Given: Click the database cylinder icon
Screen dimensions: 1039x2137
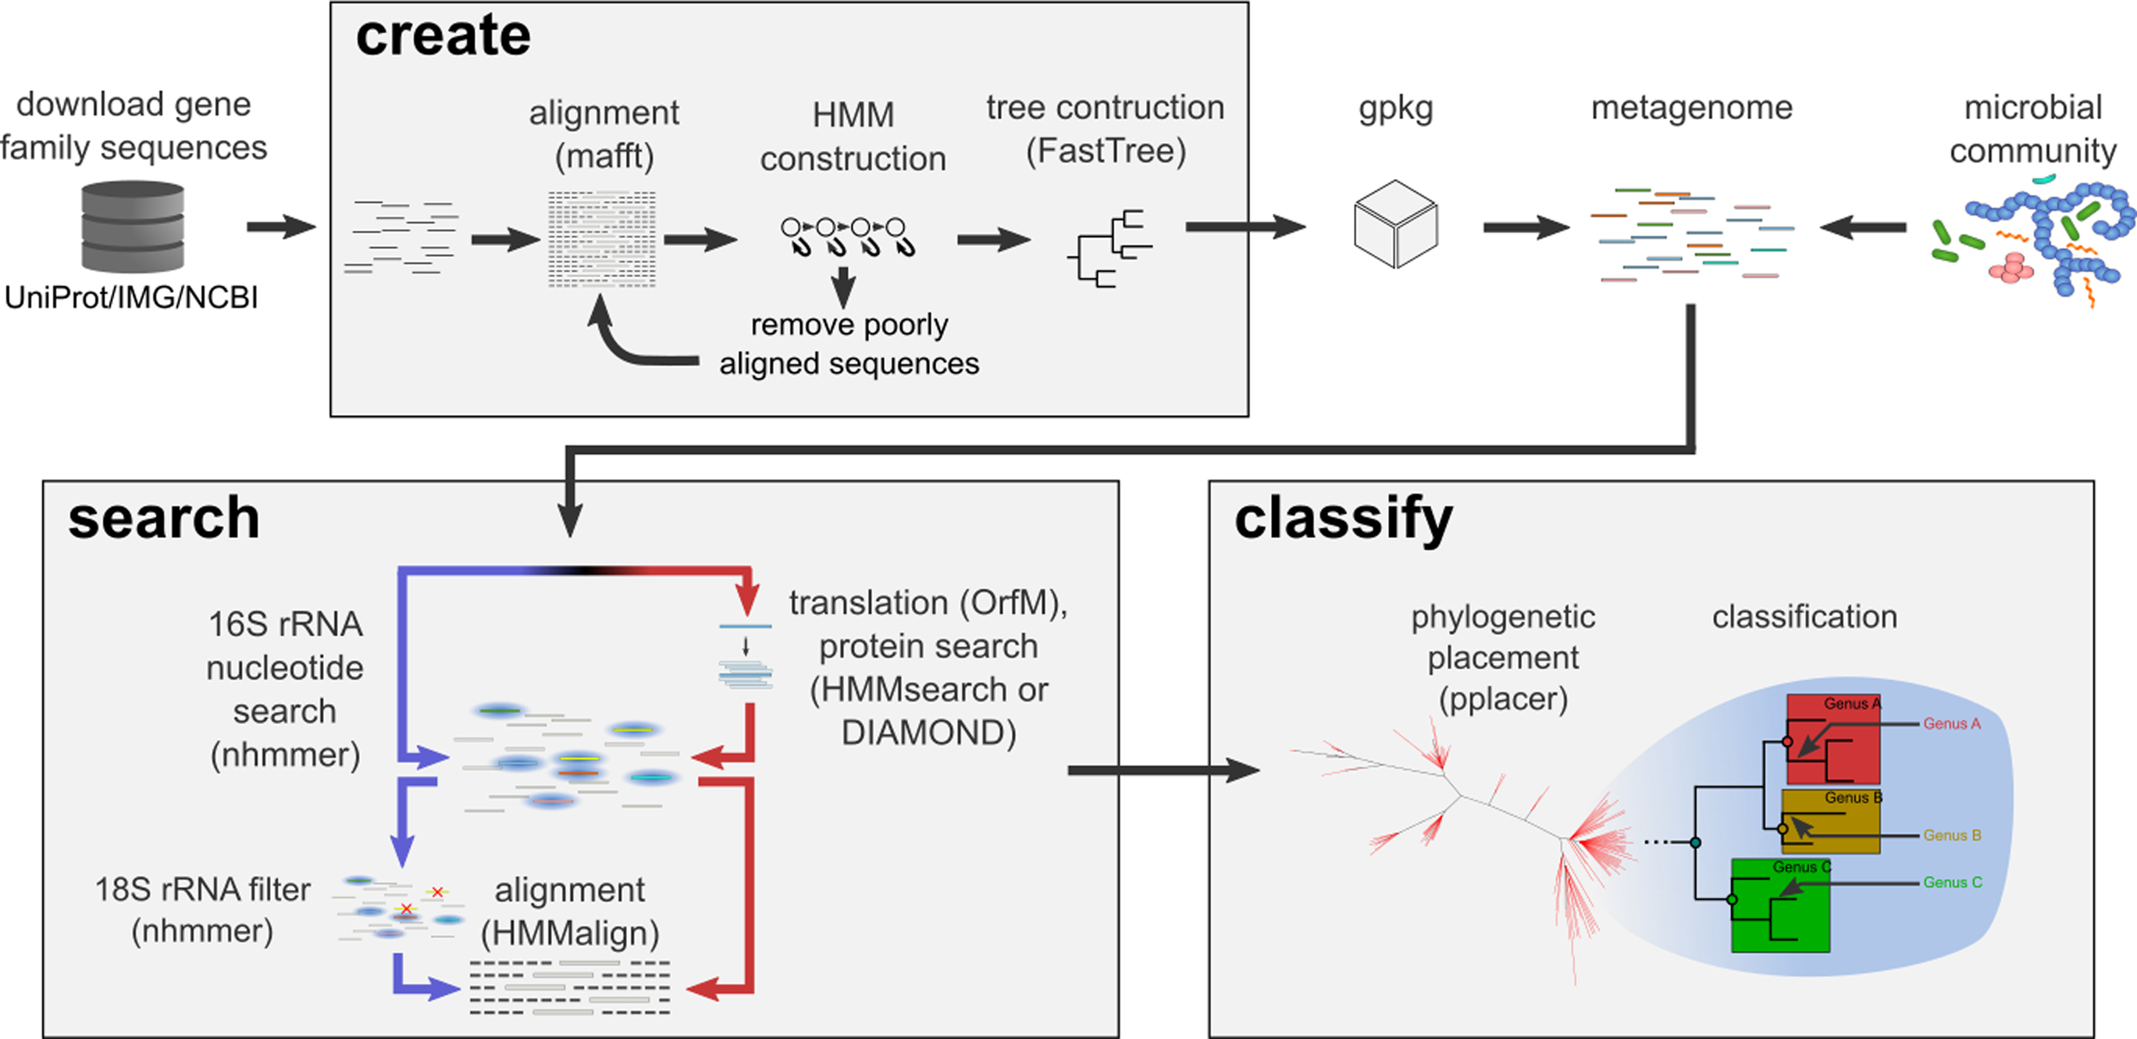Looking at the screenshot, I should (x=133, y=227).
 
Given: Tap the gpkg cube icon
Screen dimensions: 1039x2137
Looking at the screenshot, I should (x=1395, y=224).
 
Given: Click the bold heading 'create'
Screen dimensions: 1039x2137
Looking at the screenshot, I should (x=443, y=36).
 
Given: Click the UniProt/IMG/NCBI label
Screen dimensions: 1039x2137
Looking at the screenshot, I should (x=131, y=297).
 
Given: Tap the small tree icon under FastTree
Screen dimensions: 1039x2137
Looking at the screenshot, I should (x=1109, y=248).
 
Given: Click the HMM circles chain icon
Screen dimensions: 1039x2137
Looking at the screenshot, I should (x=846, y=236).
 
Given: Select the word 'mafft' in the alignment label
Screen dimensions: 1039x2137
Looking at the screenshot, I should (x=605, y=155).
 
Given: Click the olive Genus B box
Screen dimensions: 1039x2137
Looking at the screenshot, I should (x=1831, y=822).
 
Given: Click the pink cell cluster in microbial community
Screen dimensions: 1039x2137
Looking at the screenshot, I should (x=2011, y=268).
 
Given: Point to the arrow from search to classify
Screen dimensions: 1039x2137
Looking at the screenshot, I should (x=1162, y=770).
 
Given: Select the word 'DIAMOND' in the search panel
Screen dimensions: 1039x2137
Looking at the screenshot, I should (x=928, y=733).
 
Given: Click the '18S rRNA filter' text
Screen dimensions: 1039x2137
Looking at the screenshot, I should (x=202, y=890).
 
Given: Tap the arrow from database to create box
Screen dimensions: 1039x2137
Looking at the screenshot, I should (x=280, y=226).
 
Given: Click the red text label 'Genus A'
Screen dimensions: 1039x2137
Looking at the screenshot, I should (x=1951, y=723).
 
